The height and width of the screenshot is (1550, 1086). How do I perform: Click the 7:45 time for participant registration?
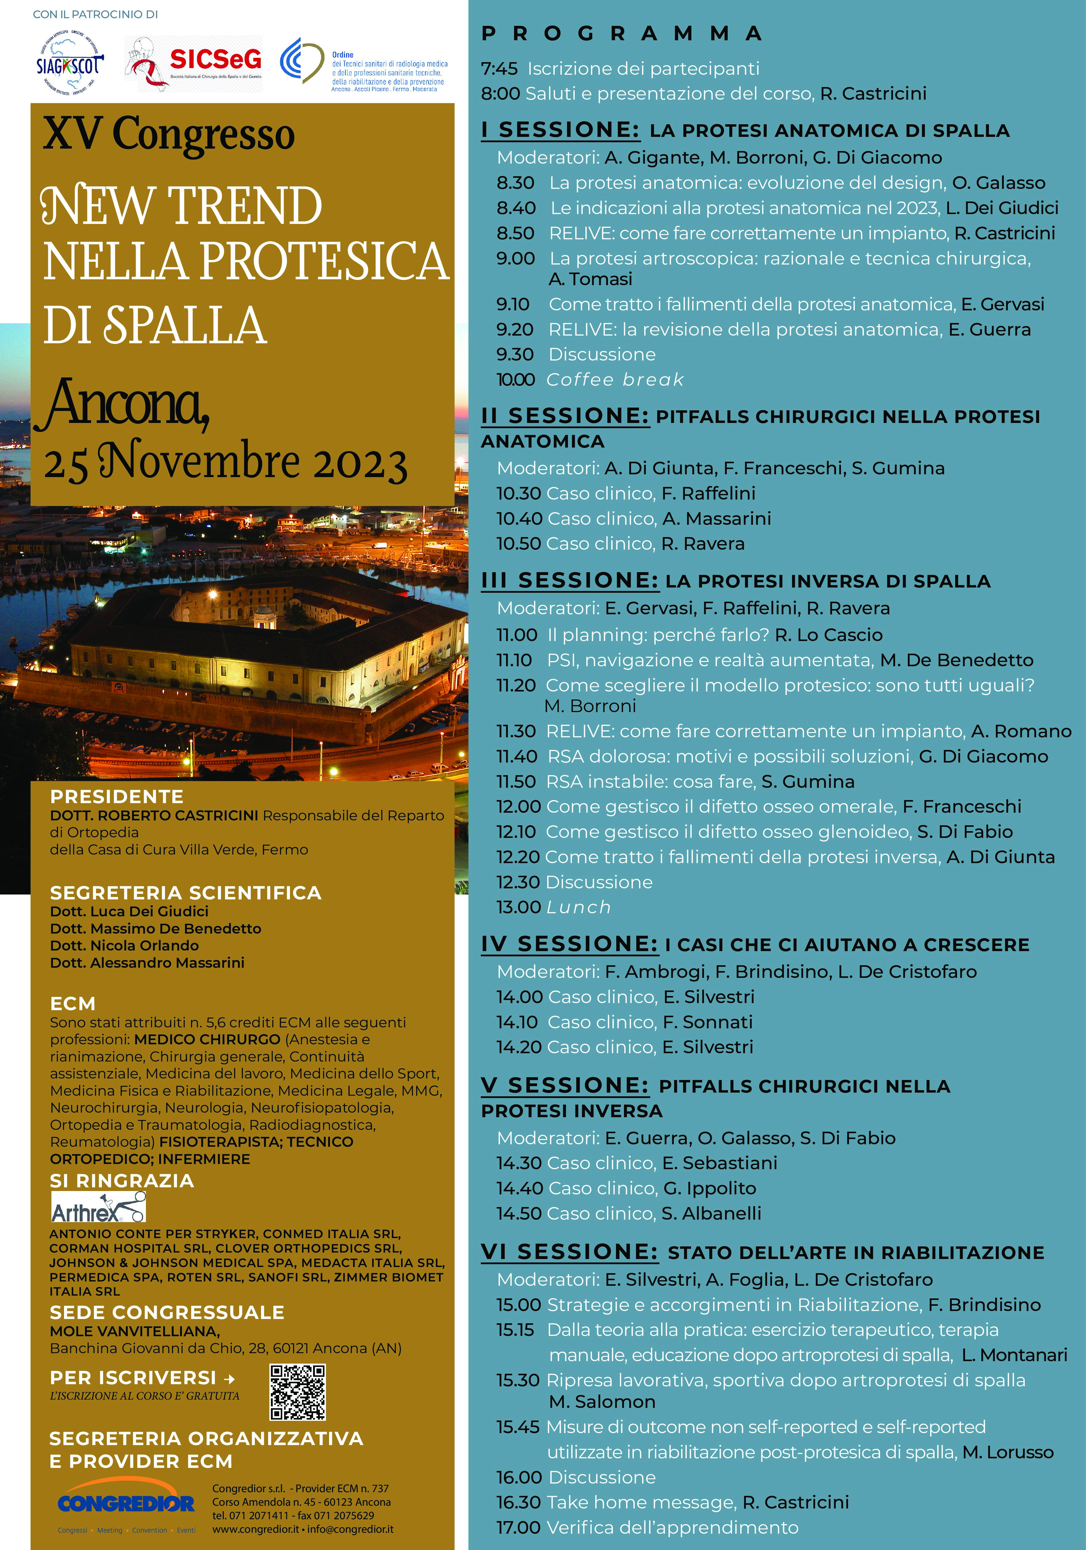(x=499, y=69)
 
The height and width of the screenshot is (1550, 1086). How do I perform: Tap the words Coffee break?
(x=615, y=380)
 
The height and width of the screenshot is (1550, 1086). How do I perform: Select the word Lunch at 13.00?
(x=578, y=907)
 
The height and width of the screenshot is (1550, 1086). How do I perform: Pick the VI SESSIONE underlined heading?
(x=569, y=1252)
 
